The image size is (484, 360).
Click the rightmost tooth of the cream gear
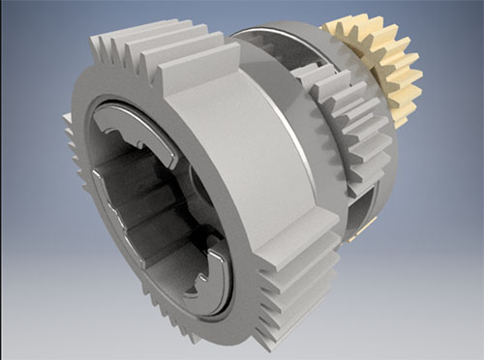click(x=416, y=73)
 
